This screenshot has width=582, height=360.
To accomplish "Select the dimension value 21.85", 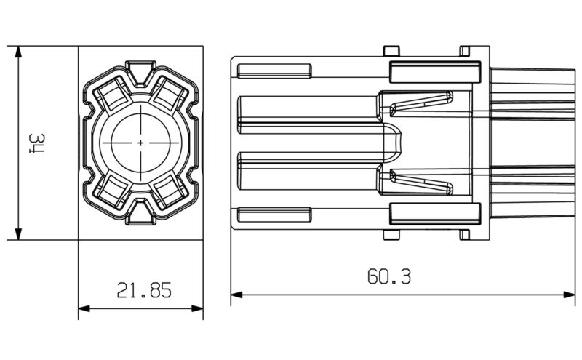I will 144,291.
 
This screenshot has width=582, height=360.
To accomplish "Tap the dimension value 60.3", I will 390,277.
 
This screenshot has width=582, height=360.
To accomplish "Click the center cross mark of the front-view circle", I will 140,143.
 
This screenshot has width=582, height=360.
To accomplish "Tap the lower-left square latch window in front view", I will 112,191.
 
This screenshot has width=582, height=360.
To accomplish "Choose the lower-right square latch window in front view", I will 169,191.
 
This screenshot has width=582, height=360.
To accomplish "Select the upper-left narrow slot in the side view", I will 275,71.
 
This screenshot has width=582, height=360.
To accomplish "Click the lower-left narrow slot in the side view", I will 275,215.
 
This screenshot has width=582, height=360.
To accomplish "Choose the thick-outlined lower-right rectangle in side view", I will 435,214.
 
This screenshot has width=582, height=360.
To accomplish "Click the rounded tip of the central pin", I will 397,143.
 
